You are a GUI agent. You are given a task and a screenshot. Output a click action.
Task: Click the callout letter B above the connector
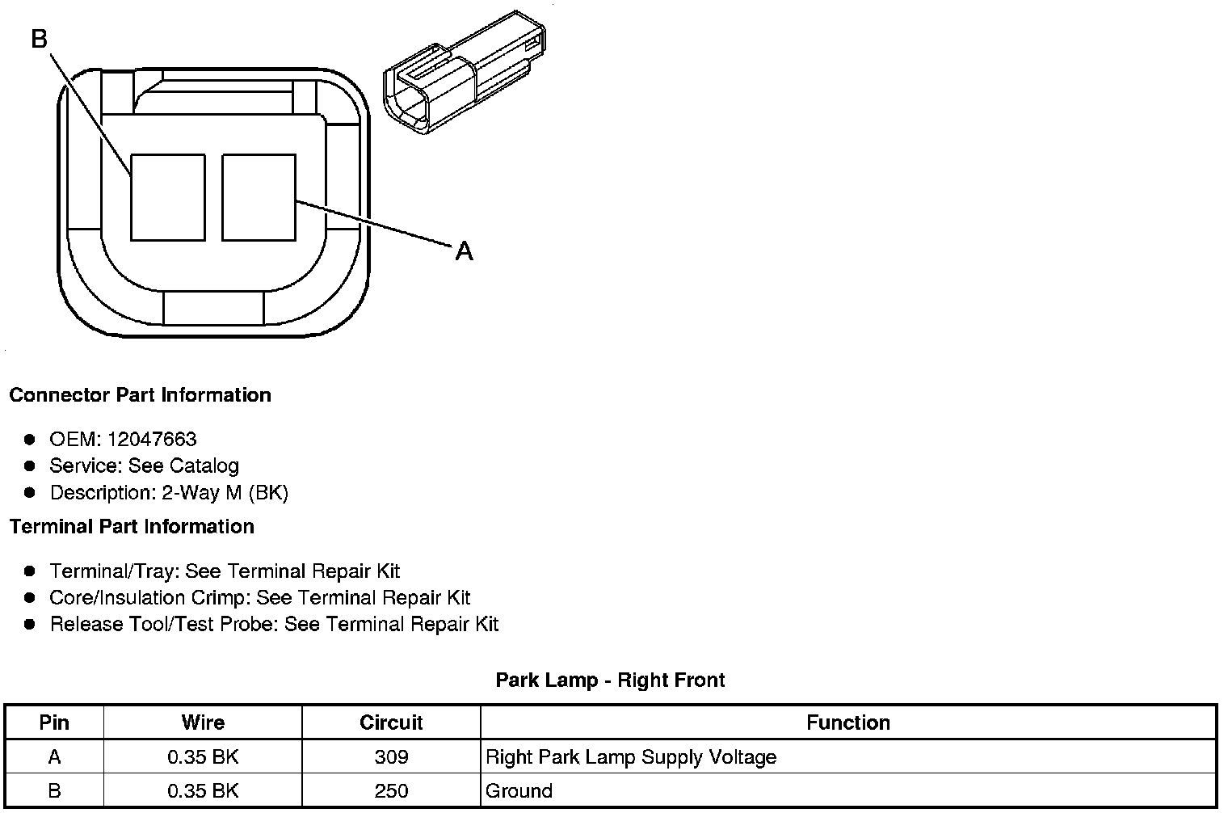40,38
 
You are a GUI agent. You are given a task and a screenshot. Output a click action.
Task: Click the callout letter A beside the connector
464,251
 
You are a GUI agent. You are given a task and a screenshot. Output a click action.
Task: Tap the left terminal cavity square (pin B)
167,197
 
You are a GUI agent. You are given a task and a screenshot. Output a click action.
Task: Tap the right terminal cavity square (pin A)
259,197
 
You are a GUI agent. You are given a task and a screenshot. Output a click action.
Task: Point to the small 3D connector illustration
463,73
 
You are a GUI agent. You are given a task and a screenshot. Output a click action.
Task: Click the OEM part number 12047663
151,439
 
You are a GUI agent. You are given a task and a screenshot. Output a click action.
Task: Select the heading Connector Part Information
140,395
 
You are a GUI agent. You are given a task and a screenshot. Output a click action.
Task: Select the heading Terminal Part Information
132,527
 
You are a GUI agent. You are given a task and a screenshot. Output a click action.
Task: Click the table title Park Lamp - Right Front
610,680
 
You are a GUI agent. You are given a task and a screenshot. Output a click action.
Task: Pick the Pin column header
54,722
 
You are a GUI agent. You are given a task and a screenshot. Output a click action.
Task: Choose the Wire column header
203,722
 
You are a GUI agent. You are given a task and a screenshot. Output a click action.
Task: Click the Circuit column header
391,722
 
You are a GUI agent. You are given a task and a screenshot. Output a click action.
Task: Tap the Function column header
848,722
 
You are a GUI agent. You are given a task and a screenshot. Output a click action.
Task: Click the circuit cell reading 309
391,757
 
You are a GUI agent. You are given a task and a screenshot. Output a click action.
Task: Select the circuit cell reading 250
391,791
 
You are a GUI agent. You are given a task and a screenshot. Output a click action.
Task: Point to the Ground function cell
519,791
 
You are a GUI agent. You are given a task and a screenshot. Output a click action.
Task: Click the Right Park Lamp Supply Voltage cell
631,757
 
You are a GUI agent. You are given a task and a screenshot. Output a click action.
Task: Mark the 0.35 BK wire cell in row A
203,757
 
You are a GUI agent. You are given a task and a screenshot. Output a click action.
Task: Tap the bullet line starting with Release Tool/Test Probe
274,624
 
